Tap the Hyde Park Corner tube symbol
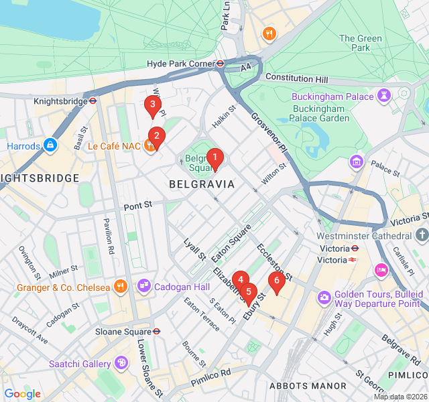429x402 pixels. coord(219,64)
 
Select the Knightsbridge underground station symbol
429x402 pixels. coord(94,101)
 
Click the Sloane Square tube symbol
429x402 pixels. coord(156,331)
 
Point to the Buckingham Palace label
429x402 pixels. coord(332,96)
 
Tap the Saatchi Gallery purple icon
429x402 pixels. coord(121,363)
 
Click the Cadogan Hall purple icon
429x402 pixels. coord(144,287)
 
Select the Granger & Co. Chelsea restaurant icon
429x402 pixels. coord(121,287)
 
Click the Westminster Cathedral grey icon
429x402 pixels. coord(422,236)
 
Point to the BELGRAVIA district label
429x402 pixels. coord(202,184)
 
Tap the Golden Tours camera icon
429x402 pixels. coord(324,296)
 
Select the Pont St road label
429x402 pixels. coord(139,206)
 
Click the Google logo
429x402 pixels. coord(22,394)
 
